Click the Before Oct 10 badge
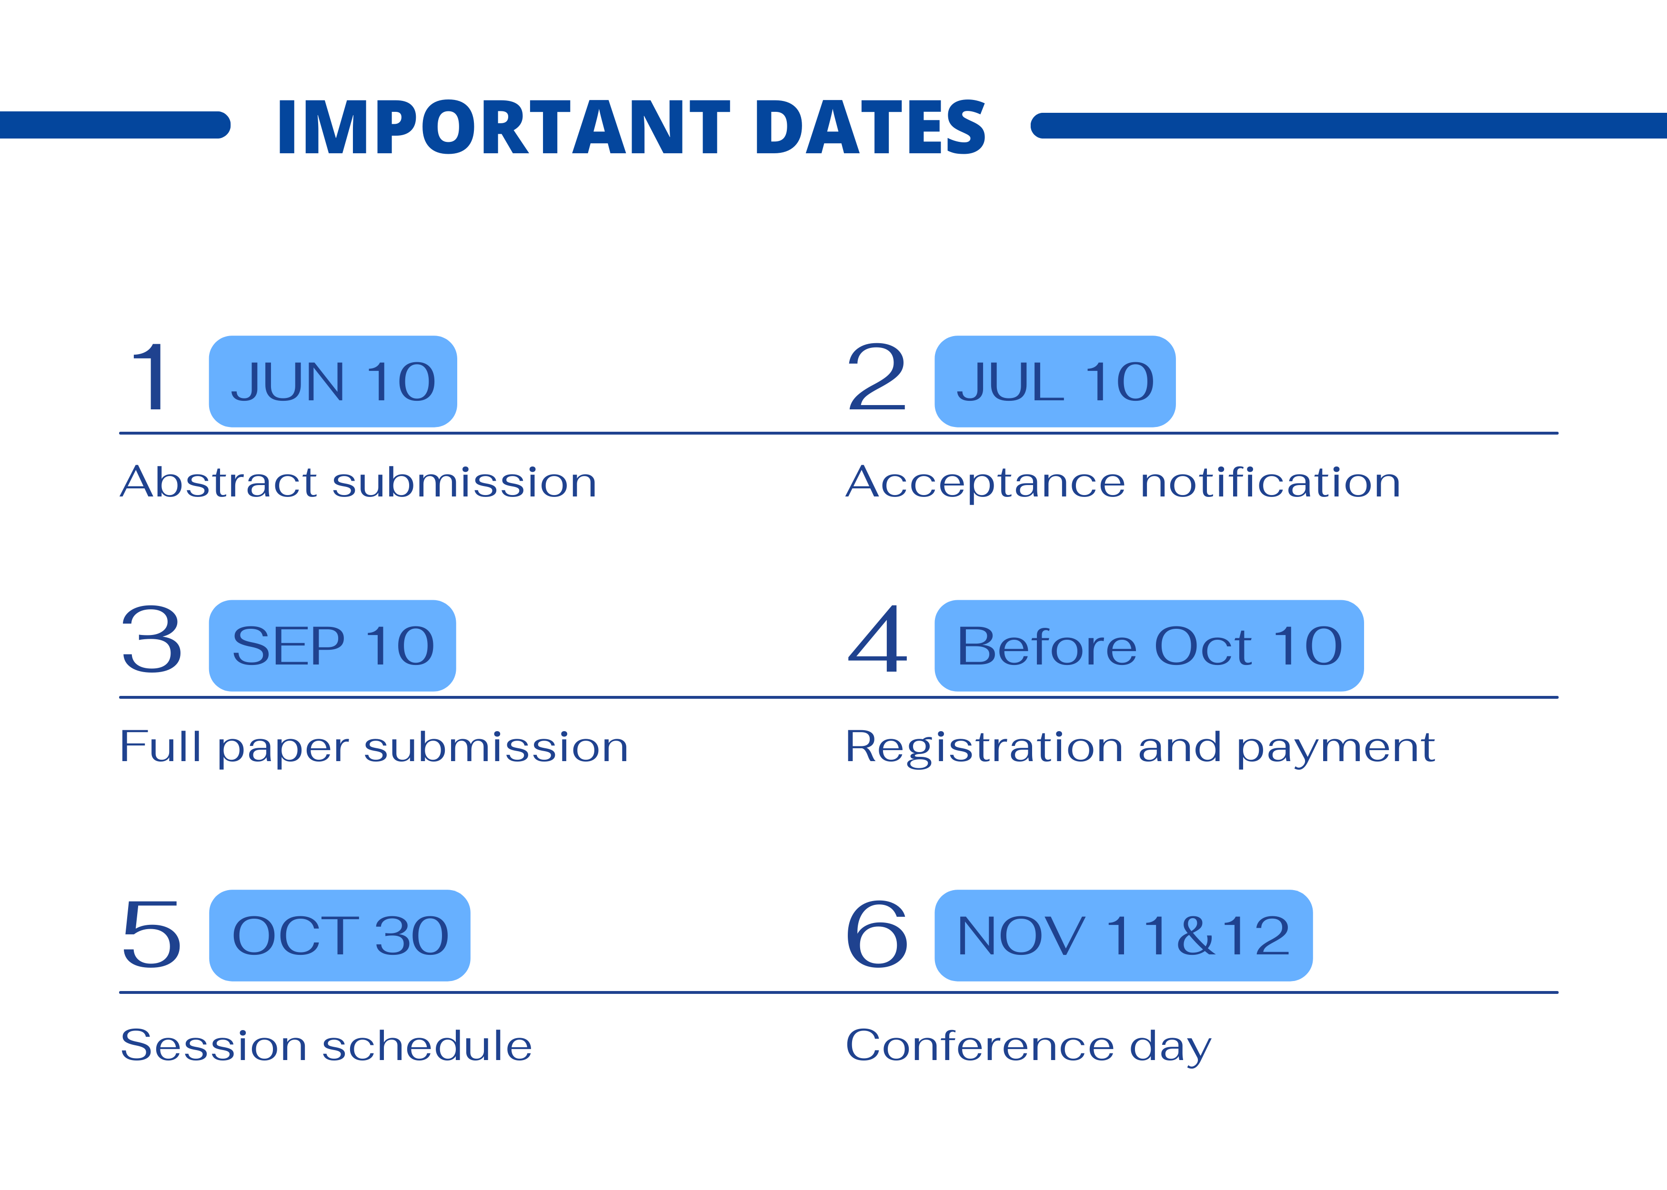[1149, 645]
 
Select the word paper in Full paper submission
[283, 749]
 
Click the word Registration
[984, 748]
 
